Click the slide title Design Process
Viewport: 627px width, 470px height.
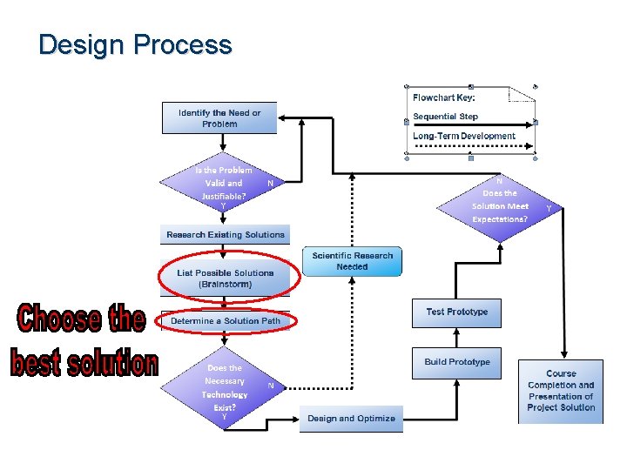point(135,44)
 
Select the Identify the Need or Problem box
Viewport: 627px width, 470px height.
point(219,118)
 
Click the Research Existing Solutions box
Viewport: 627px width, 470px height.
point(226,235)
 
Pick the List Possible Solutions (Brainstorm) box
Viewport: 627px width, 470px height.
point(226,279)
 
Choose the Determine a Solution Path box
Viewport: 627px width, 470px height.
point(226,321)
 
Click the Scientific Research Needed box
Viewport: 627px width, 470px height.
point(353,261)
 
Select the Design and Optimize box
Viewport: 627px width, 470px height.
point(351,419)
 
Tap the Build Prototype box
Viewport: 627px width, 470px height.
point(457,363)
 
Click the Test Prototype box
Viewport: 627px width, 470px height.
point(457,312)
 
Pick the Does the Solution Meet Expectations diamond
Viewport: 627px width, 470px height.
point(500,206)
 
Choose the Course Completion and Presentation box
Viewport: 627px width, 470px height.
point(561,391)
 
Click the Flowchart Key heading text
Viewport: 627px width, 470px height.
point(444,97)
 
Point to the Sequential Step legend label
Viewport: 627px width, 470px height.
point(445,117)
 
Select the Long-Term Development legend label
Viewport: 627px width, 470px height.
point(463,137)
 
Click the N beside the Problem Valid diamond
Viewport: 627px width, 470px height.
point(270,184)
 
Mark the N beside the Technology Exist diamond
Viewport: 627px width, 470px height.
point(271,386)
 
